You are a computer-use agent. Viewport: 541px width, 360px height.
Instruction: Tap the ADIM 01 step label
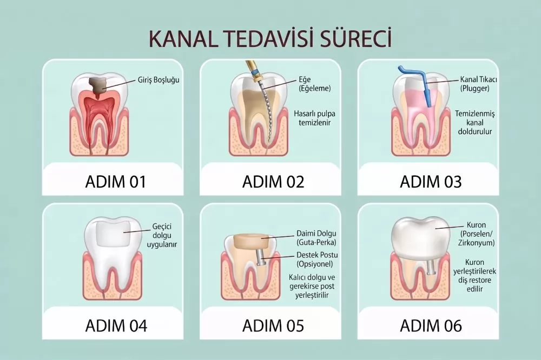pyautogui.click(x=116, y=182)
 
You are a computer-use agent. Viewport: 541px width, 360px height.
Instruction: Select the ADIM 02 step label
pyautogui.click(x=273, y=182)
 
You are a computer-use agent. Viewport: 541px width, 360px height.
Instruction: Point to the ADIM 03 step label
pyautogui.click(x=431, y=182)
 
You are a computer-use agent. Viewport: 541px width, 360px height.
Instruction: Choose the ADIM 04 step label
pyautogui.click(x=116, y=325)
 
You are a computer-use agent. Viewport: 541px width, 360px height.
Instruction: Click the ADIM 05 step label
pyautogui.click(x=273, y=325)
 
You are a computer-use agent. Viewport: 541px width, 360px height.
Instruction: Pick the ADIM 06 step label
pyautogui.click(x=431, y=325)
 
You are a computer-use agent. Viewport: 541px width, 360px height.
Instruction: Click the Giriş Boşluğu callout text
pyautogui.click(x=159, y=80)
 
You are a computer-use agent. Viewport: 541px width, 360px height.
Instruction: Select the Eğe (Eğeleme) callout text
pyautogui.click(x=315, y=84)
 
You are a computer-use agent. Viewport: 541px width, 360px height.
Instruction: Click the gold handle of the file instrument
pyautogui.click(x=253, y=70)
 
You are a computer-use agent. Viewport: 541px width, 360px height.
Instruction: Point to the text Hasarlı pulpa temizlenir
pyautogui.click(x=315, y=118)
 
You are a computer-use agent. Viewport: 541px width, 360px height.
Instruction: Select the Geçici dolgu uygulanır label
pyautogui.click(x=162, y=236)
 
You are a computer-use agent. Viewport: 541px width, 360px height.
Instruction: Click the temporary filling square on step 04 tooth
pyautogui.click(x=114, y=234)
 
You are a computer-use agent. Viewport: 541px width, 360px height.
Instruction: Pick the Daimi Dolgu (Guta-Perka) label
pyautogui.click(x=316, y=238)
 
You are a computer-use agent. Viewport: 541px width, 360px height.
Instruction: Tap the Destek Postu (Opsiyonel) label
pyautogui.click(x=317, y=259)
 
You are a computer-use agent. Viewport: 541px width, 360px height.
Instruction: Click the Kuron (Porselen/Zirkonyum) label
pyautogui.click(x=477, y=234)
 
